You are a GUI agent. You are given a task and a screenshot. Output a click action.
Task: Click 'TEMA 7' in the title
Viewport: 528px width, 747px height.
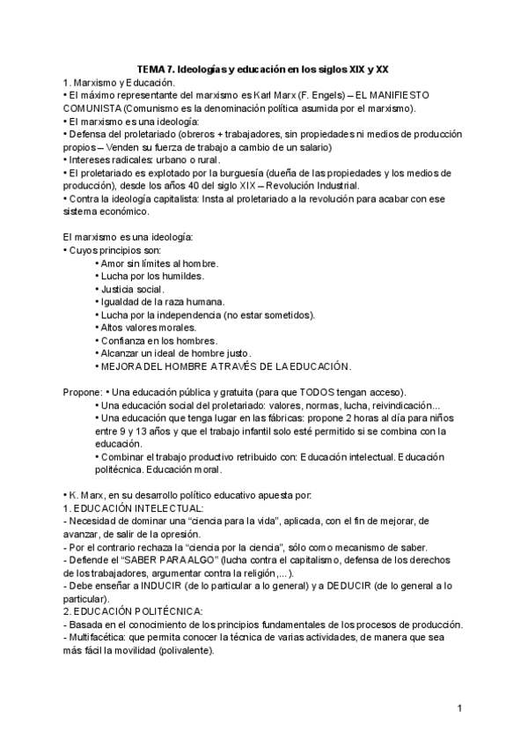click(x=159, y=68)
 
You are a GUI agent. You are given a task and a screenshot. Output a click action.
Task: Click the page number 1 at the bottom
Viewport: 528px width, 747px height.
click(x=459, y=707)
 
